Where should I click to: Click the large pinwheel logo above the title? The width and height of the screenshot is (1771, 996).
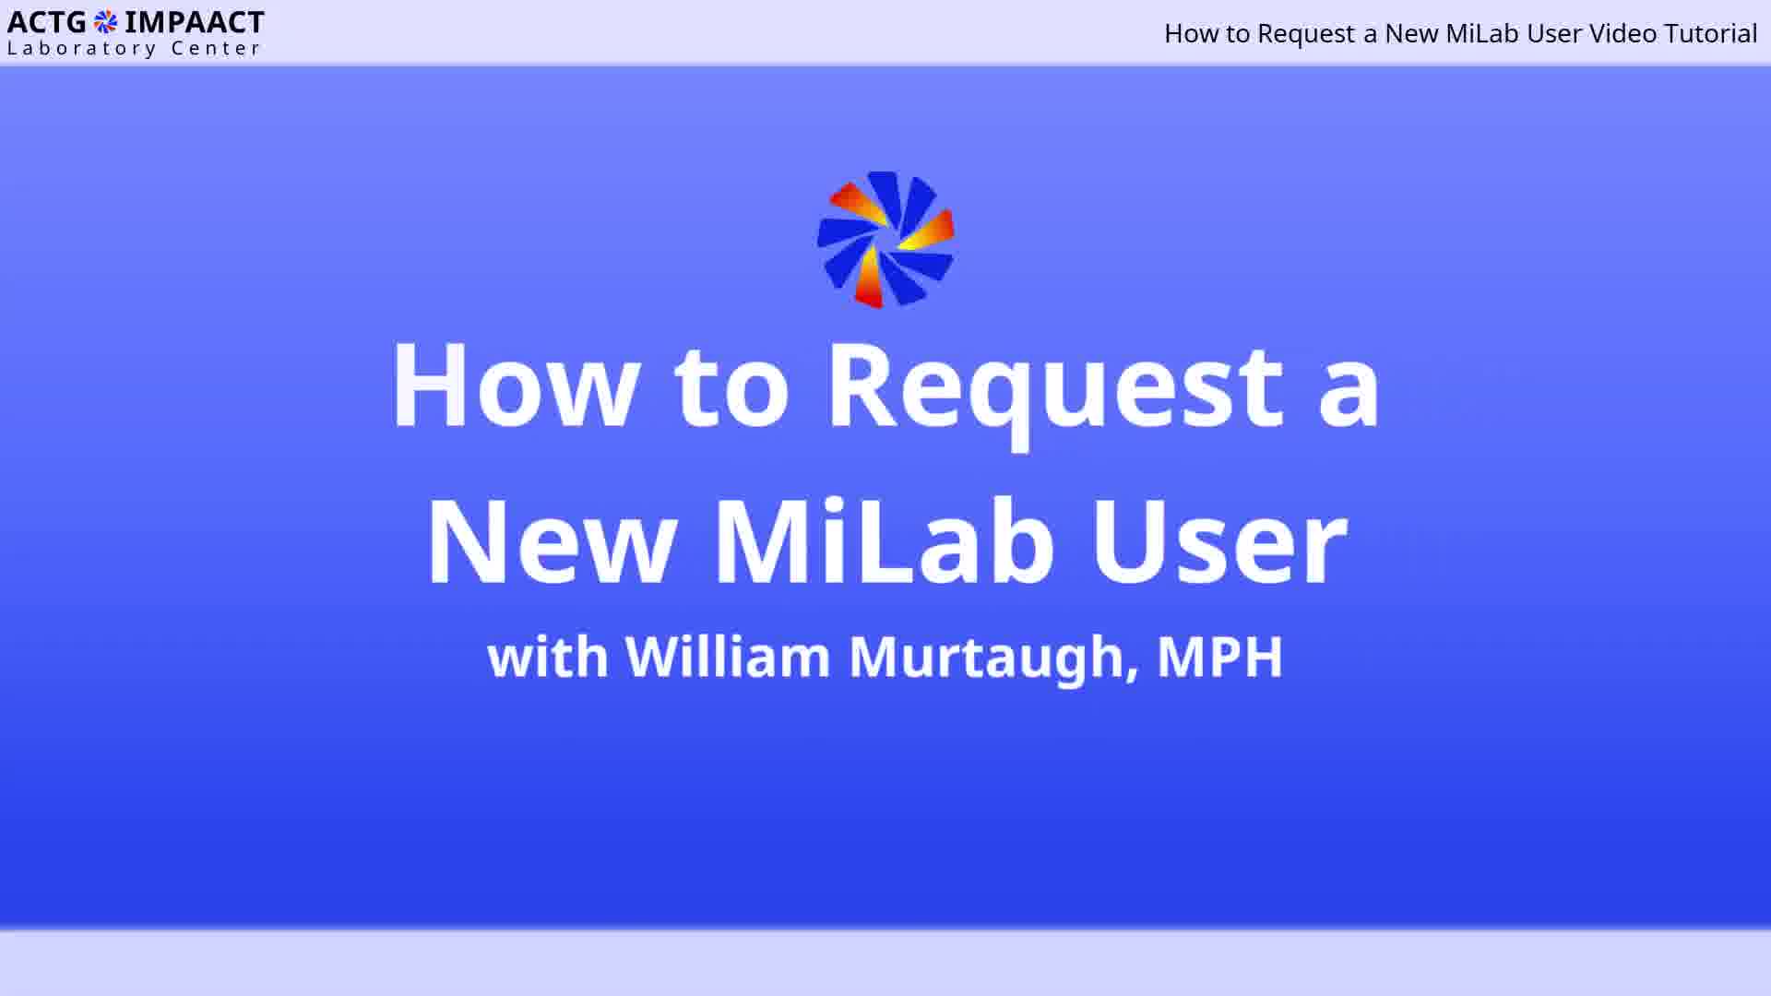tap(885, 240)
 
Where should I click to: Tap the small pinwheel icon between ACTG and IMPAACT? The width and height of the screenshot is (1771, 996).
tap(106, 21)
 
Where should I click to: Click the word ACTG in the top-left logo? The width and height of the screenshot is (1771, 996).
tap(47, 22)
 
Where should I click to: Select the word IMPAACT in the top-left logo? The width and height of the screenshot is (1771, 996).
tap(194, 22)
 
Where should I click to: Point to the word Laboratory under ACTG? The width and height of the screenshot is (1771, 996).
tap(81, 49)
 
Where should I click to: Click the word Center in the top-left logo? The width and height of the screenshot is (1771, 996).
tap(216, 49)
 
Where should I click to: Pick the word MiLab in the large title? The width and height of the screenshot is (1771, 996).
tap(885, 540)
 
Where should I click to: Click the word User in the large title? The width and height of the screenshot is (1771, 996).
tap(1219, 540)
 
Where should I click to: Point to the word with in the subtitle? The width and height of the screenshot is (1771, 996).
tap(548, 657)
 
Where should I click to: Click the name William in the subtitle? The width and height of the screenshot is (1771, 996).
tap(728, 657)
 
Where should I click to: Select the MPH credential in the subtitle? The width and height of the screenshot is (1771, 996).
tap(1219, 657)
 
